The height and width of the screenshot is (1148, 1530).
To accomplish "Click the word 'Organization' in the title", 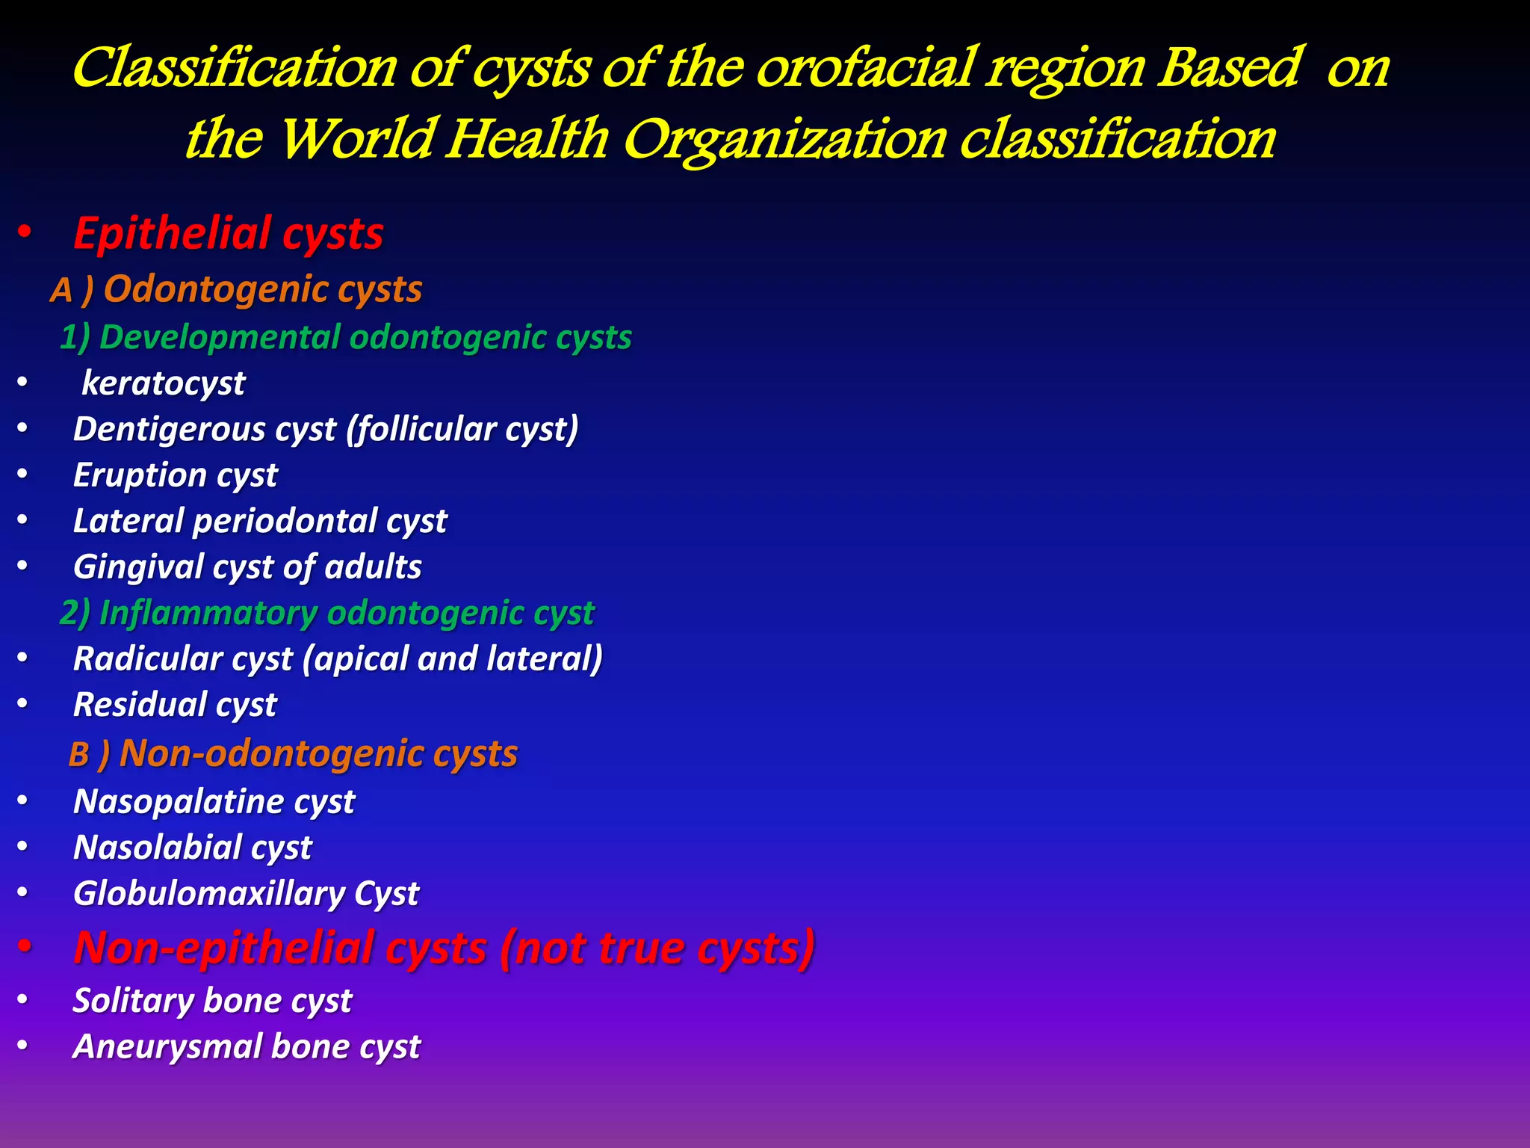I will [784, 141].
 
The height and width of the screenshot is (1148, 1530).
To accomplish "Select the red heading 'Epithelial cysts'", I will [228, 233].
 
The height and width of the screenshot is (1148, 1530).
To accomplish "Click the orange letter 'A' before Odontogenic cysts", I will [61, 291].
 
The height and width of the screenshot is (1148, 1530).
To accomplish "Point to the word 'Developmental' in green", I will [220, 337].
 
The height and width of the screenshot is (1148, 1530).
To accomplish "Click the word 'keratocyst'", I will [163, 383].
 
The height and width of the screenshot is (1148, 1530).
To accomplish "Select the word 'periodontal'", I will [285, 521].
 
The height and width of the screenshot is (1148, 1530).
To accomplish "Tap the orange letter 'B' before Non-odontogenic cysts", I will [79, 755].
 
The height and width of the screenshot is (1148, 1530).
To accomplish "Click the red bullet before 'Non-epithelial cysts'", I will [25, 948].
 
